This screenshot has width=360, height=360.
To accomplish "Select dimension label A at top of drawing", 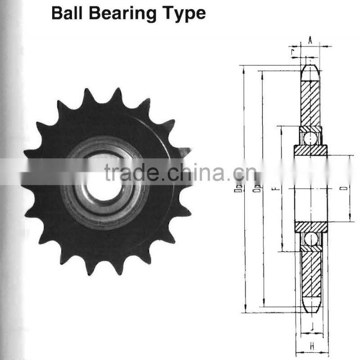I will coord(310,40).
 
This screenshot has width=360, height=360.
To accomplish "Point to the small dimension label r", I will coord(294,53).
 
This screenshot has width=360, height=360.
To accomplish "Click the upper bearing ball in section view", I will coord(310,138).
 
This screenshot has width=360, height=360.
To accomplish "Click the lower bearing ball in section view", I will coord(310,238).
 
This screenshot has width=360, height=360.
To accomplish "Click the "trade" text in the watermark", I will coord(130,173).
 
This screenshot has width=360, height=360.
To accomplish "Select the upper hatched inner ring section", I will coord(310,150).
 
